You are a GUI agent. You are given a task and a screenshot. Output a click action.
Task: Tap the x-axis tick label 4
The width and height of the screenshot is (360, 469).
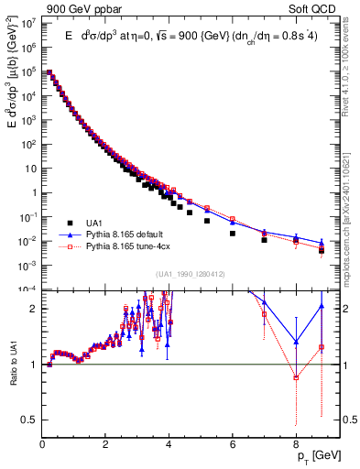click(x=169, y=437)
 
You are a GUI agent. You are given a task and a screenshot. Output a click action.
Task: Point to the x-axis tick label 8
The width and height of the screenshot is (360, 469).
click(x=296, y=437)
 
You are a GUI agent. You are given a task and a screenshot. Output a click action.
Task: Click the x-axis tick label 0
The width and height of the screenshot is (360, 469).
click(x=42, y=437)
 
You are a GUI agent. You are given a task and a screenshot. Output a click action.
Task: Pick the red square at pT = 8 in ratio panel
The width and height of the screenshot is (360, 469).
click(x=296, y=377)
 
